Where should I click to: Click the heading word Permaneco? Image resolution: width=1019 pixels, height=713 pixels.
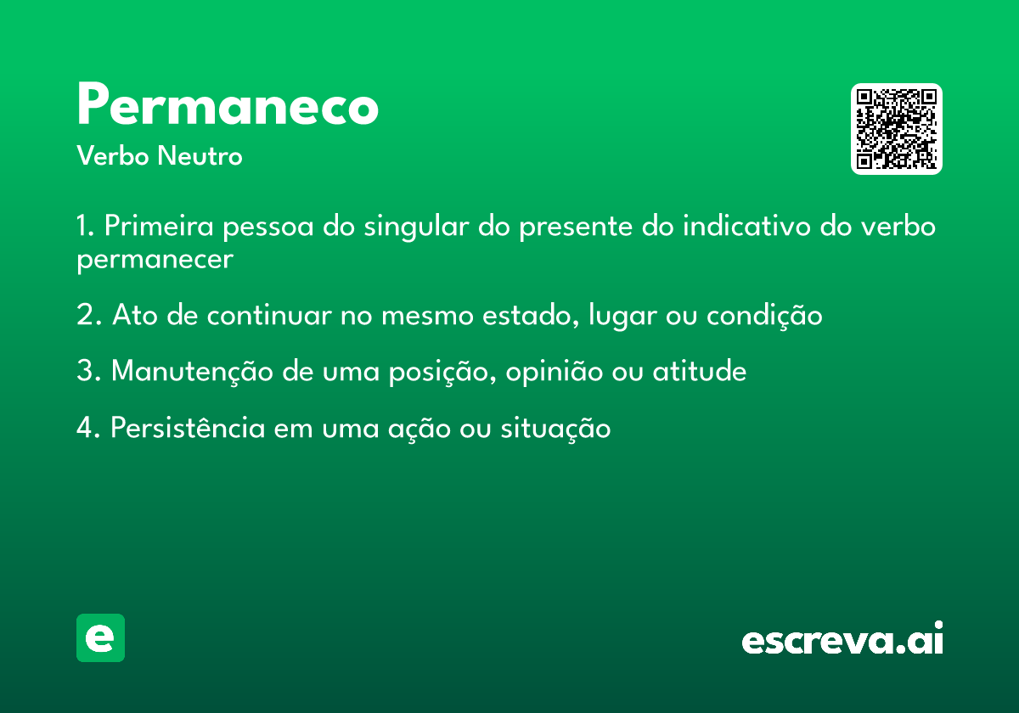(x=228, y=104)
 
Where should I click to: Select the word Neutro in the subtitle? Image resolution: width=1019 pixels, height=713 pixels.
(x=200, y=155)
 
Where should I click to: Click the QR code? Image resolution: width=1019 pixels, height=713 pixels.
(x=896, y=129)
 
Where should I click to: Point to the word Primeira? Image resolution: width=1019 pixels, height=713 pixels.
(x=159, y=225)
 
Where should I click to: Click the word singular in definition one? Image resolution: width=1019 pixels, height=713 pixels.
(x=416, y=227)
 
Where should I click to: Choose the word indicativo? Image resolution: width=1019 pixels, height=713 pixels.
(x=746, y=225)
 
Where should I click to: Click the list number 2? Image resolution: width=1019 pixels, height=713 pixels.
(x=88, y=315)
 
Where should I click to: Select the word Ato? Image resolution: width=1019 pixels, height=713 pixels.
(x=135, y=315)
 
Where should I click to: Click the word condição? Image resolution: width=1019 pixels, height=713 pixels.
(x=764, y=316)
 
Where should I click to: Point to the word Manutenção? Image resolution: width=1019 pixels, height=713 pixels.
(x=192, y=372)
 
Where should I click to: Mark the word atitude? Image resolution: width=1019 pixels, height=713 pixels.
(x=700, y=371)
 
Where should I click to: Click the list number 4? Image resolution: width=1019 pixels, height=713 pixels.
(x=88, y=428)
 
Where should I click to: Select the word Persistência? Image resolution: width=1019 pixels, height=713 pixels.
(x=188, y=427)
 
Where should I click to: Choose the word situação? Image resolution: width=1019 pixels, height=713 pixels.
(x=555, y=429)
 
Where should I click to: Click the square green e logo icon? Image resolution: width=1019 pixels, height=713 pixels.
(x=100, y=637)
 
